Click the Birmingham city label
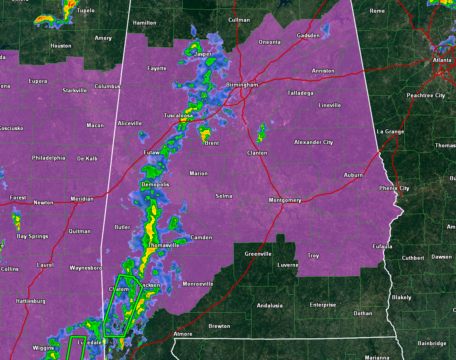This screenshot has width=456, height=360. tap(242, 85)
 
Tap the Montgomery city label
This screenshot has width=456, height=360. tap(285, 200)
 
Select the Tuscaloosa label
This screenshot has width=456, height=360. tap(178, 116)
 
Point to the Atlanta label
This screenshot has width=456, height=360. tap(442, 60)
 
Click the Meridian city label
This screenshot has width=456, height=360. tap(82, 199)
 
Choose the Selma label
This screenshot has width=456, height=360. tap(224, 196)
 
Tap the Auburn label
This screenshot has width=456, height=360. tap(353, 175)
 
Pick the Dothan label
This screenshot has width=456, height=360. tap(363, 314)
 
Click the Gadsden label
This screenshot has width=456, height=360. tap(308, 36)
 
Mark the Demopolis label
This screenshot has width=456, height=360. tap(155, 185)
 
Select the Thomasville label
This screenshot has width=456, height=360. tap(163, 245)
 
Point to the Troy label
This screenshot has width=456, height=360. tap(313, 256)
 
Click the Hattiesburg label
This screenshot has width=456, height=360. tap(31, 301)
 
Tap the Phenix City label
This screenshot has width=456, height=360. tap(394, 188)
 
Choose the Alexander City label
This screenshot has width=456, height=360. tap(314, 142)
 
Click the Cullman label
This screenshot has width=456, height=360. tap(239, 20)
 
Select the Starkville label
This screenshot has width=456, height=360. tap(75, 91)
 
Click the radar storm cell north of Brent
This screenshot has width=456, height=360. tap(205, 133)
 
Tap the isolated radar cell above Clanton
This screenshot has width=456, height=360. tap(261, 133)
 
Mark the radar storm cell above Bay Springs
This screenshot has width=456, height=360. tap(17, 221)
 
